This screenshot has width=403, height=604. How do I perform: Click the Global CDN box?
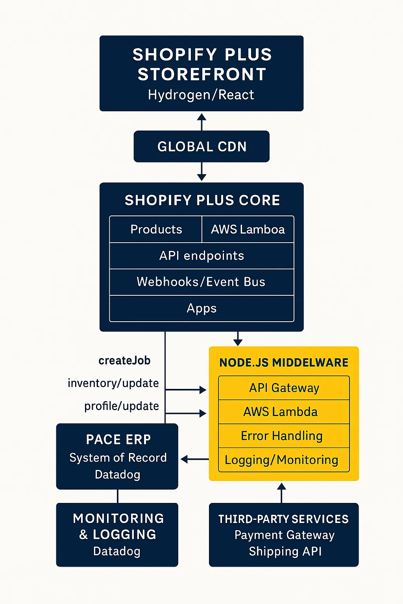201,147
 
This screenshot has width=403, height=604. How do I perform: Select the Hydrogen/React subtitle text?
201,95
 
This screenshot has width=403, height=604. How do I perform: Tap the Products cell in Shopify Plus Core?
156,229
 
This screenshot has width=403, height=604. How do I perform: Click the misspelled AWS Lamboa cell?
248,229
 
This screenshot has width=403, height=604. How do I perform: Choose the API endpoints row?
201,256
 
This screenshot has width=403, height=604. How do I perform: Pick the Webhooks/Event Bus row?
201,282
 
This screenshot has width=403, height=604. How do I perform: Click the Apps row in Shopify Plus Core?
201,308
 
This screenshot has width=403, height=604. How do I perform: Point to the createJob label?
124,361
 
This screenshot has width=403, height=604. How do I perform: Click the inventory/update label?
113,383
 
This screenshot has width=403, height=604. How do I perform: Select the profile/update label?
122,406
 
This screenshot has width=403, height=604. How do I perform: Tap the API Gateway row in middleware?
284,388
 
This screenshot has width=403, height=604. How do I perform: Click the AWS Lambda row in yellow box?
280,412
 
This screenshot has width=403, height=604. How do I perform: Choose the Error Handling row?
282,436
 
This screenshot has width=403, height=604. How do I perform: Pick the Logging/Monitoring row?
281,460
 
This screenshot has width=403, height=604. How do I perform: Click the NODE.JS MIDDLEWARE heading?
284,363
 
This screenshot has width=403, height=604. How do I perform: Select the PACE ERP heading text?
118,440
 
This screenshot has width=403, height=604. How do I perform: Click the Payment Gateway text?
284,535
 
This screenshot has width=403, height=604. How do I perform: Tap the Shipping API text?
285,551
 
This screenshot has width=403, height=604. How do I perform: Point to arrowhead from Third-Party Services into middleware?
281,487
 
